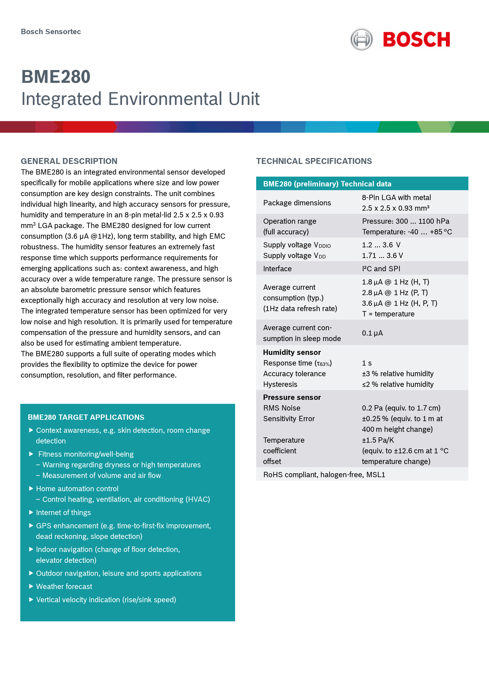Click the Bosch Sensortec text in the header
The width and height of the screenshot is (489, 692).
[51, 32]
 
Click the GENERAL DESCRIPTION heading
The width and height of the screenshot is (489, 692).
[69, 161]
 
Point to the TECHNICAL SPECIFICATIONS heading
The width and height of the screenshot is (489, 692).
[314, 161]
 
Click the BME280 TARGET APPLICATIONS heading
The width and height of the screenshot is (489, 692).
[86, 417]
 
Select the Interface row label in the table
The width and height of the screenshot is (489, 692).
[277, 268]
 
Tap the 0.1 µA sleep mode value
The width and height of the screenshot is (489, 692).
[372, 333]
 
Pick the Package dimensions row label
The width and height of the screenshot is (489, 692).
[297, 203]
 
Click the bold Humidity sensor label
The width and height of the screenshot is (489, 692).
[292, 352]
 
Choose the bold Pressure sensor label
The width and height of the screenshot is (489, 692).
[292, 397]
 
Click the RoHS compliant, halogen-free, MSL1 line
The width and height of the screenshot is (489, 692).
[324, 475]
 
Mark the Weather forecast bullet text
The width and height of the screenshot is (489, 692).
[64, 586]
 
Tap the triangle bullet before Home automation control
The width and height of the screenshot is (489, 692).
[31, 489]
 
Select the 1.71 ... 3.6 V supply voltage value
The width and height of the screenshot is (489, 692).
[382, 256]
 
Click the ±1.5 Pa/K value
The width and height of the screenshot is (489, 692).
[378, 440]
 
